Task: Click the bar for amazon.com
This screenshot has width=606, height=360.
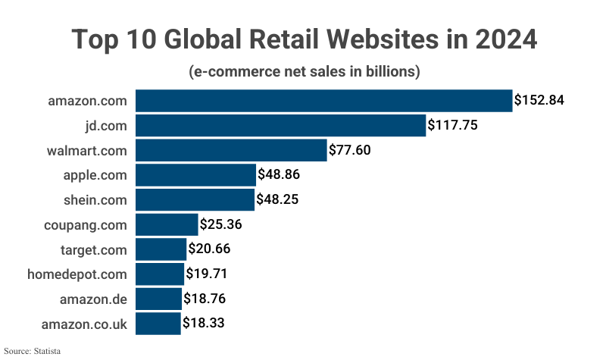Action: click(x=324, y=100)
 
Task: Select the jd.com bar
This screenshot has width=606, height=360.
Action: click(x=281, y=125)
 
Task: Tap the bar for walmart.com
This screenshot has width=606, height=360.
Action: click(x=231, y=150)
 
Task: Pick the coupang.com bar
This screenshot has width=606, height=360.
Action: click(x=167, y=224)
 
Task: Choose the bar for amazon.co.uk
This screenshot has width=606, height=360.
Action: click(x=158, y=324)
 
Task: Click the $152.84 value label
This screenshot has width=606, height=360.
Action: click(x=539, y=100)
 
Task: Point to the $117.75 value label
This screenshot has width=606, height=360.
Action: click(x=452, y=125)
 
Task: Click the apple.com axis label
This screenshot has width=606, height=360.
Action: click(x=95, y=175)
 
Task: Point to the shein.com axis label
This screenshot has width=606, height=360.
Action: click(x=95, y=199)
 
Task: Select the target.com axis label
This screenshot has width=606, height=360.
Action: click(x=93, y=249)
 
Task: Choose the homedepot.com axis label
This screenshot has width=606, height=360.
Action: click(x=79, y=274)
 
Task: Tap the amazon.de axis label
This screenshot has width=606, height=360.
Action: click(x=93, y=299)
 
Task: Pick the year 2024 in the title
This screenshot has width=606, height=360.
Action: click(x=502, y=39)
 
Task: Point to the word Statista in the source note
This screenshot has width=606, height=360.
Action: click(x=45, y=351)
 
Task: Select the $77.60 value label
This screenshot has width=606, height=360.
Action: click(x=350, y=150)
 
